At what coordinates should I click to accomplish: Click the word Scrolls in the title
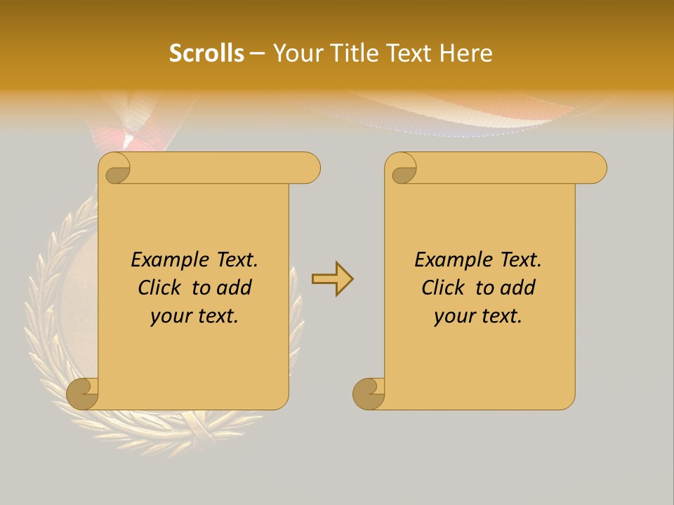tap(206, 53)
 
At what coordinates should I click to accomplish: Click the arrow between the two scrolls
tap(332, 279)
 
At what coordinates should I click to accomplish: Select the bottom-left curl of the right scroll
tap(369, 393)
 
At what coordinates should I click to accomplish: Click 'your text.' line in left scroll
tap(194, 316)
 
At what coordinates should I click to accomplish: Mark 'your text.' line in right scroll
tap(478, 316)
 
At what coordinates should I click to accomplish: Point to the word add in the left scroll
tap(234, 288)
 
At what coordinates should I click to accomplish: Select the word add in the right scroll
tap(518, 288)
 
